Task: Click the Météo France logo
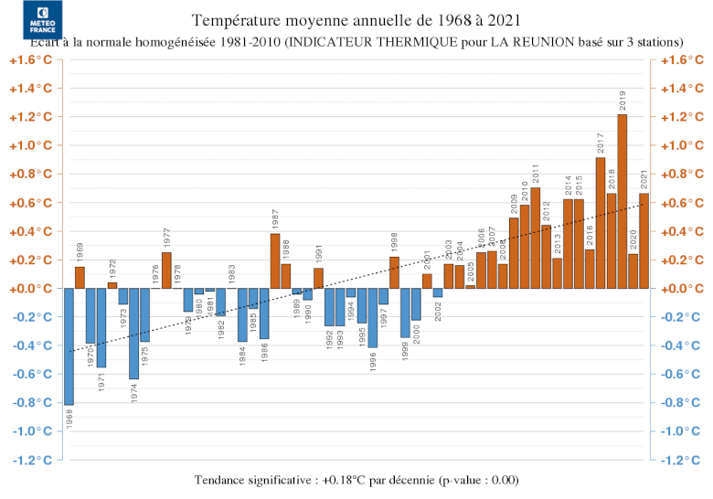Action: [43, 20]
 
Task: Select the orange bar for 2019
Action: [623, 201]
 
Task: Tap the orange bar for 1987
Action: [275, 260]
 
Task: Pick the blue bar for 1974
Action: [133, 333]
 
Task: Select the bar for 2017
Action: [601, 223]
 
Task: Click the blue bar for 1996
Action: [373, 317]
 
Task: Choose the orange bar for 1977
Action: [166, 271]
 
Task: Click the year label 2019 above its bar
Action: [623, 101]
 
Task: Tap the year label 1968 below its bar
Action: [69, 421]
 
